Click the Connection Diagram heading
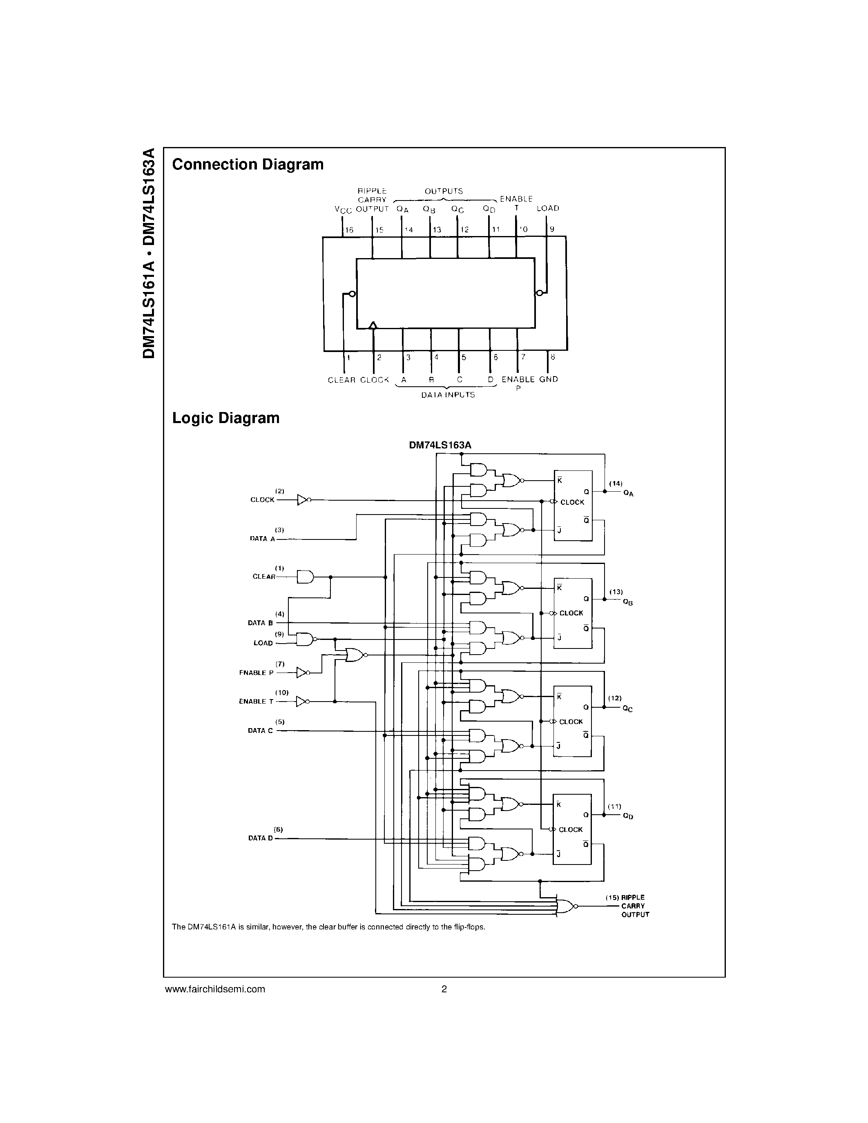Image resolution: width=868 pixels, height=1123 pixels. (248, 165)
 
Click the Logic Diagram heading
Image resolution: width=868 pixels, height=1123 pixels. (226, 418)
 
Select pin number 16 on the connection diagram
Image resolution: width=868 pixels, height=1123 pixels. (349, 230)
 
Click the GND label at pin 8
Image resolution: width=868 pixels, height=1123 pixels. (548, 379)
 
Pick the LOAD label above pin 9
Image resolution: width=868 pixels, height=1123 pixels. (548, 208)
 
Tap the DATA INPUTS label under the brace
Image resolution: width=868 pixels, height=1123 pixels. (448, 395)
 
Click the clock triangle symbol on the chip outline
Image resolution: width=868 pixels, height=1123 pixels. (373, 325)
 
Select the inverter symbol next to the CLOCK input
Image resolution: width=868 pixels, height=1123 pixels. (303, 500)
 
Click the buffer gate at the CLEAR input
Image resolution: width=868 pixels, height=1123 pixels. (306, 577)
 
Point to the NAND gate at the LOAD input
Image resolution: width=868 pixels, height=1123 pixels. (306, 639)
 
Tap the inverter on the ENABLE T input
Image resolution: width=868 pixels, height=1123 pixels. (303, 701)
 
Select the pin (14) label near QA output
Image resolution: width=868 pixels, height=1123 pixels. (616, 484)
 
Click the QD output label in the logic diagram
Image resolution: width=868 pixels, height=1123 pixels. (627, 817)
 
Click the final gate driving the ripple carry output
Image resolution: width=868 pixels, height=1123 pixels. (566, 906)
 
